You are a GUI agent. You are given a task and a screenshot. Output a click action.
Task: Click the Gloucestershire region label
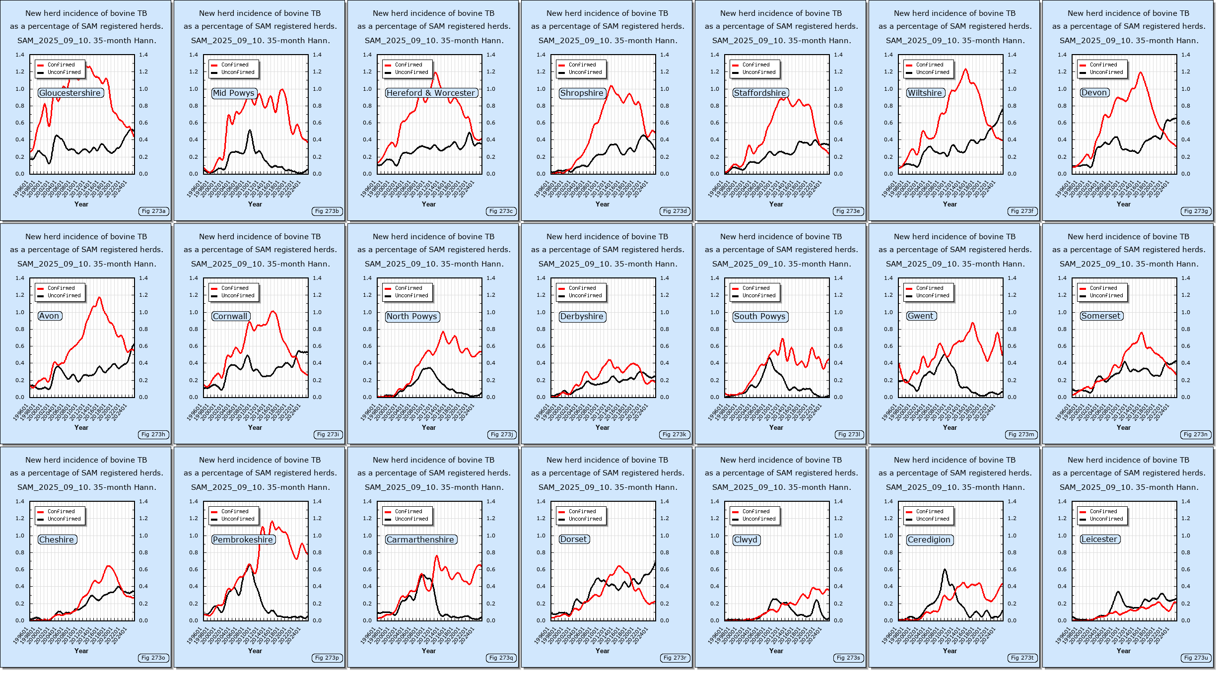click(x=70, y=93)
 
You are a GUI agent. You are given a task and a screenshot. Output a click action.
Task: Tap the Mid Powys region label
click(x=234, y=93)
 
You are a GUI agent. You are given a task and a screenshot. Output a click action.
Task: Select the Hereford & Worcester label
click(x=431, y=93)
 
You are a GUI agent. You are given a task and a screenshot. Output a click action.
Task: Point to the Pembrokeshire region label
click(x=243, y=540)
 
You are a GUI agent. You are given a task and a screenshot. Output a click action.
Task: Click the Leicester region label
click(x=1099, y=539)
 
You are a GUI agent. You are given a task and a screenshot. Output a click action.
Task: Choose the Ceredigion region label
click(x=929, y=540)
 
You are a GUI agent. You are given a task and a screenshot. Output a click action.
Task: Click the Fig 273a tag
click(x=153, y=211)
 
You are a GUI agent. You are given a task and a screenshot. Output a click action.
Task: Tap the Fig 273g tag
click(x=1196, y=211)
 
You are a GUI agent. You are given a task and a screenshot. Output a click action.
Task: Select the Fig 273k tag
click(x=674, y=434)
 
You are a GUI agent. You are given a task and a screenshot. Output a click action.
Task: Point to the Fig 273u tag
click(x=1196, y=658)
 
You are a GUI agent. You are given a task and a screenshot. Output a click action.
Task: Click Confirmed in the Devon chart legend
click(x=1103, y=65)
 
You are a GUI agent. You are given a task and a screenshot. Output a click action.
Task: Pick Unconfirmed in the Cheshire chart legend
click(x=64, y=519)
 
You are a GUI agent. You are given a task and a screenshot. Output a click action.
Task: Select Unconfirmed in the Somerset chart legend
click(x=1106, y=295)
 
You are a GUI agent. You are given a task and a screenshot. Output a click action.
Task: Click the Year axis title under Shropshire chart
click(x=602, y=204)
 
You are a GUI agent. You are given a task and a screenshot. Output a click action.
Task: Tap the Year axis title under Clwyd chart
click(x=776, y=651)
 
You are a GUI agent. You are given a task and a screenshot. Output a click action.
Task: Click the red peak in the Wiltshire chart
click(x=966, y=69)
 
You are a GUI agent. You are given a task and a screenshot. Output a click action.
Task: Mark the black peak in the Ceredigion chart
click(x=945, y=570)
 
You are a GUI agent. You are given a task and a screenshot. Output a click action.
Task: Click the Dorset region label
click(x=574, y=539)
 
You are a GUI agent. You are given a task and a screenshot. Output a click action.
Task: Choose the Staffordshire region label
click(x=760, y=93)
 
